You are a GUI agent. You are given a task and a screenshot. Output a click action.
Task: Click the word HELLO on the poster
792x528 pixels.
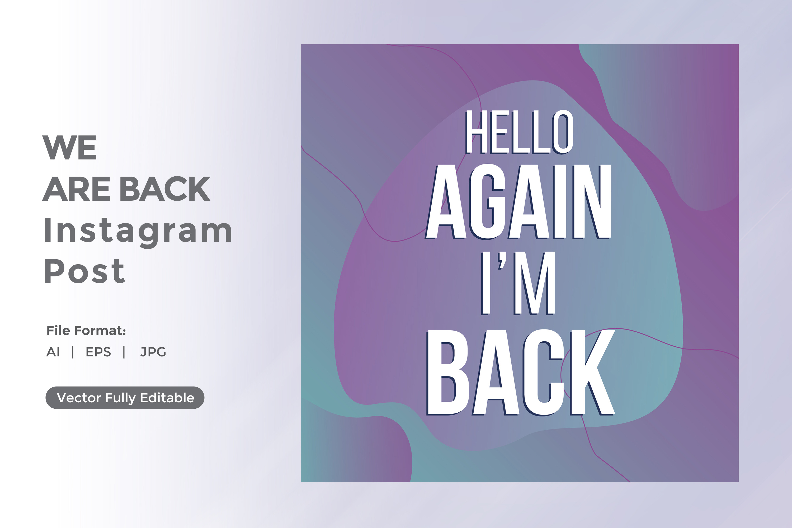pyautogui.click(x=519, y=132)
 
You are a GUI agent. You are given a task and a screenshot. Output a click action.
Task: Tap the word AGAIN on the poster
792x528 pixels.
pyautogui.click(x=518, y=202)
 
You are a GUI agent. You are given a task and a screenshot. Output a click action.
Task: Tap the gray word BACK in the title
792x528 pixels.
pyautogui.click(x=165, y=188)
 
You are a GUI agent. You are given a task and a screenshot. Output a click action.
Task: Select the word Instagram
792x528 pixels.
pyautogui.click(x=138, y=232)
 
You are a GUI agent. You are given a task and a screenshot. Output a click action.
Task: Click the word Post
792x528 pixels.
pyautogui.click(x=84, y=271)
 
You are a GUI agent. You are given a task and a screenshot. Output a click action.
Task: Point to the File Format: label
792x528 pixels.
pyautogui.click(x=86, y=331)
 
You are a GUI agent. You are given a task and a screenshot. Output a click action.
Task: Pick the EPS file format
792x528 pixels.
pyautogui.click(x=98, y=352)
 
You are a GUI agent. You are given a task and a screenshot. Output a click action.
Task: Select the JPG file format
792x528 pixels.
pyautogui.click(x=153, y=352)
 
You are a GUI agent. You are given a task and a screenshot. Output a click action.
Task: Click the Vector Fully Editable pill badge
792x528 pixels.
pyautogui.click(x=125, y=398)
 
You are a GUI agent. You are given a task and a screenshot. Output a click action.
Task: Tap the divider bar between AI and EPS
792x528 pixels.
pyautogui.click(x=73, y=352)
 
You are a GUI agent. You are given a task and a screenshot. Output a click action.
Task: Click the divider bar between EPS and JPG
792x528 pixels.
pyautogui.click(x=124, y=352)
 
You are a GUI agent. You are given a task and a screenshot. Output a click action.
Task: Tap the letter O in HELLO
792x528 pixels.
pyautogui.click(x=563, y=132)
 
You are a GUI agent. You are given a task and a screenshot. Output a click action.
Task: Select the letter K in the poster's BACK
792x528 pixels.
pyautogui.click(x=593, y=373)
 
